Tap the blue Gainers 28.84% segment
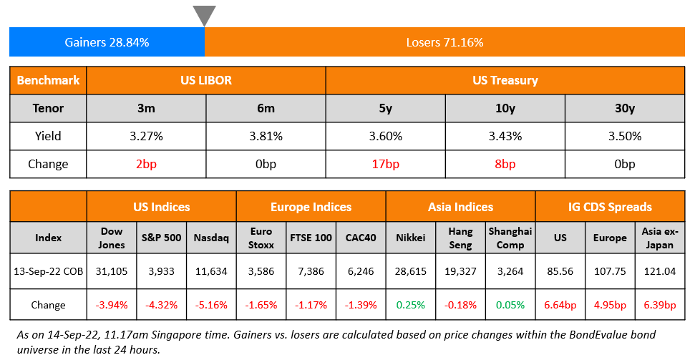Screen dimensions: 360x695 click(x=107, y=42)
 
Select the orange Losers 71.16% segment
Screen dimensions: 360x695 click(x=444, y=42)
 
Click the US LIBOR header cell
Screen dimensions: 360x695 click(x=205, y=80)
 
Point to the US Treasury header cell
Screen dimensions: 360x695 click(x=505, y=80)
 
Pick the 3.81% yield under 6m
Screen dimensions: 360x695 click(x=266, y=136)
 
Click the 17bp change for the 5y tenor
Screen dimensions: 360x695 click(x=385, y=164)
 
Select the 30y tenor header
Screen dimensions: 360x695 click(x=624, y=108)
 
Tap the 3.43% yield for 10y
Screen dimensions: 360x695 click(x=505, y=136)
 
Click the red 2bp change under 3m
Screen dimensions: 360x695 click(x=146, y=164)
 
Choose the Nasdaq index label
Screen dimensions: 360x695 click(x=211, y=238)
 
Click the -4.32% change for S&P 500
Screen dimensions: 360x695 click(x=161, y=305)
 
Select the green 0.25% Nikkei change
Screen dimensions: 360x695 click(x=411, y=305)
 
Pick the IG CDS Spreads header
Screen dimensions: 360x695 click(x=610, y=207)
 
